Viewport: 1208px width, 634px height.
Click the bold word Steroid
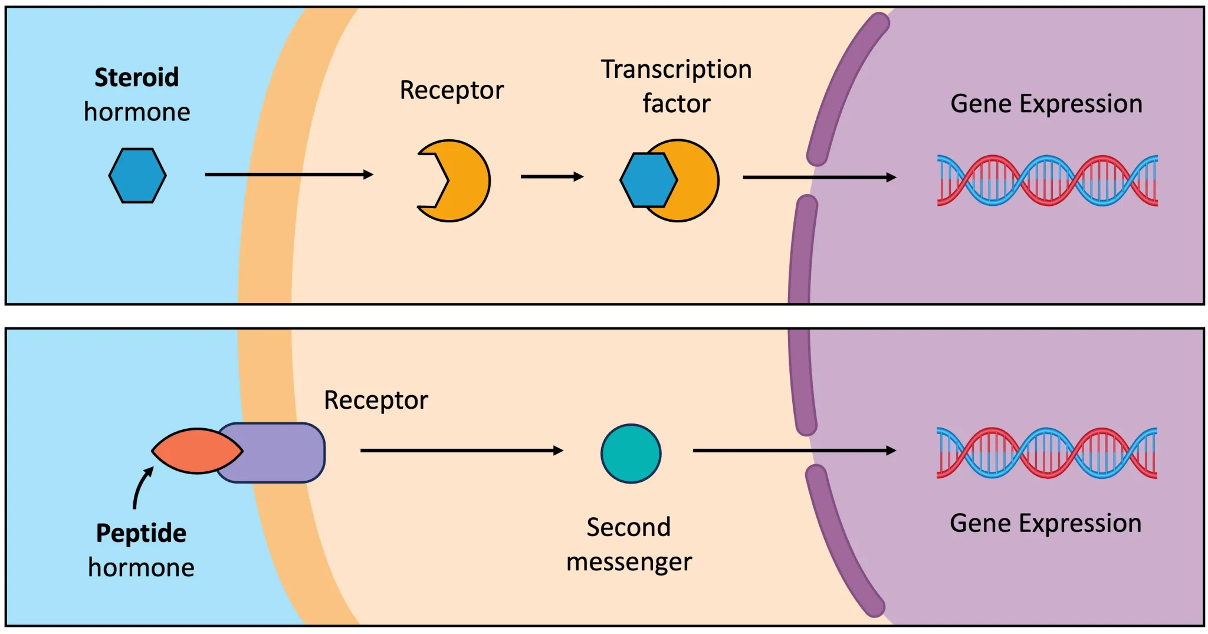(x=136, y=77)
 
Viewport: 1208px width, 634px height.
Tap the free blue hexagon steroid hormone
(x=137, y=176)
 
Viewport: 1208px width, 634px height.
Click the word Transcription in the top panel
(x=676, y=70)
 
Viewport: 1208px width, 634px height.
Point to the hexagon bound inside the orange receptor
(x=646, y=180)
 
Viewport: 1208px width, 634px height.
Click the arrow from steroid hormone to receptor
(x=289, y=175)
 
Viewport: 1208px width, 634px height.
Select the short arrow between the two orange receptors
(x=552, y=176)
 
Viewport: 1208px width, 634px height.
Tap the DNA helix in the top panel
(x=1047, y=180)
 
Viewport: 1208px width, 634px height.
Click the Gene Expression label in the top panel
(x=1046, y=104)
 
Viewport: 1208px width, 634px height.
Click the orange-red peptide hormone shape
(x=196, y=451)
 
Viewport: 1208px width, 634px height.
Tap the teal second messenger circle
(x=631, y=454)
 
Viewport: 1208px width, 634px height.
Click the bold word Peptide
(x=141, y=533)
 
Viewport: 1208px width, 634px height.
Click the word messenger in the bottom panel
(x=629, y=562)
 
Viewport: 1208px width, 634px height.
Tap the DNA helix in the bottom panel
(x=1046, y=453)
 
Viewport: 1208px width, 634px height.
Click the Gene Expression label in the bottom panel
(x=1045, y=524)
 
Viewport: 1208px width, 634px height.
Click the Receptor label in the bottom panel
(x=376, y=400)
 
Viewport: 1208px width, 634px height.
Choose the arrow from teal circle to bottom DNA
(x=793, y=451)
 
